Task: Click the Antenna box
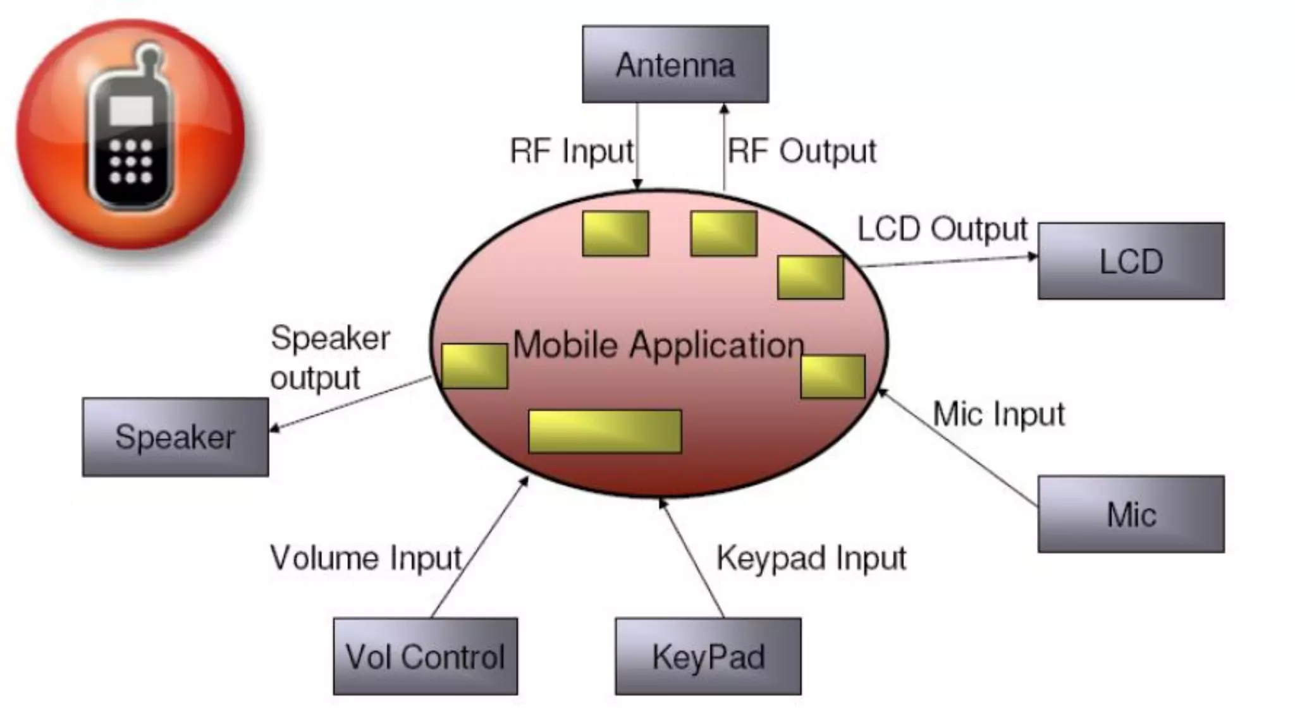pyautogui.click(x=675, y=64)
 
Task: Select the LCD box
pyautogui.click(x=1131, y=261)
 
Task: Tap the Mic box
pyautogui.click(x=1131, y=514)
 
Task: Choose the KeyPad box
pyautogui.click(x=708, y=656)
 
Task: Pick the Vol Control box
pyautogui.click(x=425, y=656)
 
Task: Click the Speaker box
pyautogui.click(x=175, y=437)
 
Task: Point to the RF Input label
pyautogui.click(x=572, y=152)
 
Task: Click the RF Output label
pyautogui.click(x=802, y=152)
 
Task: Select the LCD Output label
pyautogui.click(x=942, y=229)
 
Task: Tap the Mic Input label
pyautogui.click(x=999, y=415)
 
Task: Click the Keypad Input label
pyautogui.click(x=811, y=559)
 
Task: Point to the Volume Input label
pyautogui.click(x=365, y=559)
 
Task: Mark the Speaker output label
pyautogui.click(x=330, y=358)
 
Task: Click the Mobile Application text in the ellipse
pyautogui.click(x=658, y=345)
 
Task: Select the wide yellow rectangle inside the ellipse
pyautogui.click(x=605, y=432)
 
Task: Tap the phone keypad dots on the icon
pyautogui.click(x=131, y=162)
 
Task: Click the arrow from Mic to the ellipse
pyautogui.click(x=958, y=448)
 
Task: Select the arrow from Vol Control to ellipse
pyautogui.click(x=479, y=547)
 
